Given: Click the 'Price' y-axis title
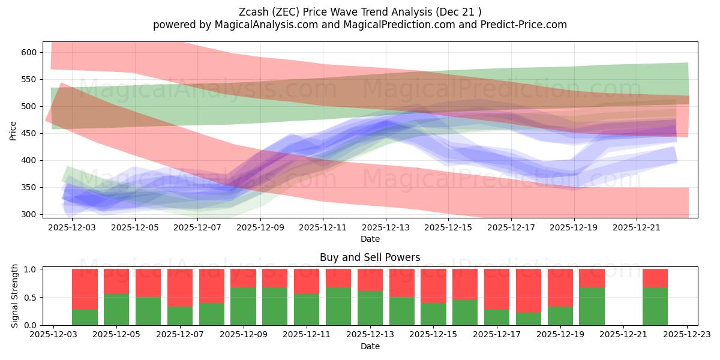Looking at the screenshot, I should (13, 130).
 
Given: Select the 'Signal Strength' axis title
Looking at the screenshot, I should (16, 296).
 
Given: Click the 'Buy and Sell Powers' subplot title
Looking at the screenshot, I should (370, 257).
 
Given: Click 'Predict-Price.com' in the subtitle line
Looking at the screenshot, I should (521, 25).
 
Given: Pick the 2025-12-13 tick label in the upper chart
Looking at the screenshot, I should (386, 227).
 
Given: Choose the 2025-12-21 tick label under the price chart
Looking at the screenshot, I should (637, 227).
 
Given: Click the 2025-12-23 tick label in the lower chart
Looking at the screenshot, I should (686, 335).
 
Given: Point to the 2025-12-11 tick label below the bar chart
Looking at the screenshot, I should (307, 335).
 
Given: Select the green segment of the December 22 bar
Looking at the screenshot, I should (655, 306).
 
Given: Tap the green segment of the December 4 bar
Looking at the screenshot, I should (85, 317).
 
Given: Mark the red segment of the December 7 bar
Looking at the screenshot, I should (180, 287).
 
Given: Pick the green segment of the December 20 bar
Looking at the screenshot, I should (592, 306).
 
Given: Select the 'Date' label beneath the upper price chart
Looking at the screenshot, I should (370, 239).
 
